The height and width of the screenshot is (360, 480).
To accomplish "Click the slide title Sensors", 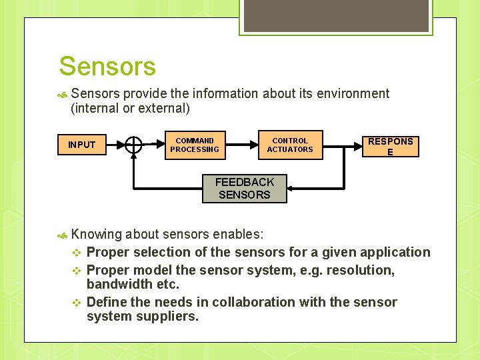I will tap(107, 67).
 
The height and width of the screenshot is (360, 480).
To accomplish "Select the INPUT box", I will tap(81, 145).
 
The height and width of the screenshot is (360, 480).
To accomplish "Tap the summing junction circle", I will tap(134, 145).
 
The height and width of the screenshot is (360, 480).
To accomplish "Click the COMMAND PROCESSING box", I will tap(195, 145).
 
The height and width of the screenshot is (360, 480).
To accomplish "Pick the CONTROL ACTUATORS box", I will tap(290, 145).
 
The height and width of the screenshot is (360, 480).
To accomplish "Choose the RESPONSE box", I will tap(390, 145).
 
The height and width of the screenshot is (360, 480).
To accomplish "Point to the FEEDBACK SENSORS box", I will tap(245, 189).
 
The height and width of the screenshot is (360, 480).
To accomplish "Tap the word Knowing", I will tap(96, 234).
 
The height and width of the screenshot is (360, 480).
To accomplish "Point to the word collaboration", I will tap(275, 302).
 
